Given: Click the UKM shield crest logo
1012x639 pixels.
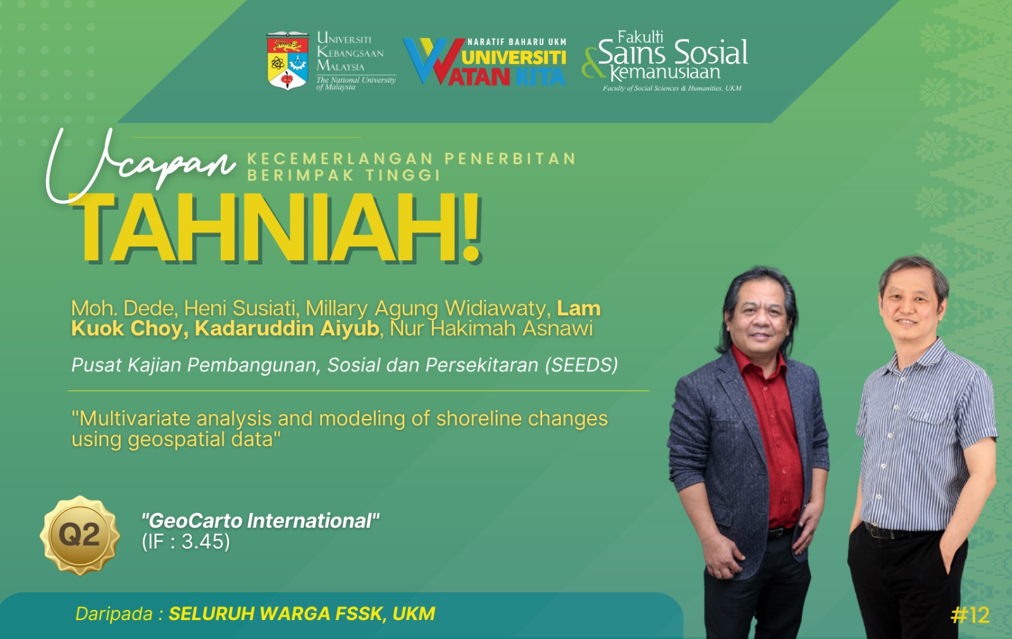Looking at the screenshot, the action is [x=288, y=61].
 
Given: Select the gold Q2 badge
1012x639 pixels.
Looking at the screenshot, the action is [x=80, y=535].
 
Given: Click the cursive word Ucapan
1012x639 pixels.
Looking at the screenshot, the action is [x=140, y=165].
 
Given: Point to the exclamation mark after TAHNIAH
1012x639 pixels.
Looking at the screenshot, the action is [x=471, y=228].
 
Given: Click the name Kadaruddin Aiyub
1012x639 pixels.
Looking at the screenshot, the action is [x=287, y=329].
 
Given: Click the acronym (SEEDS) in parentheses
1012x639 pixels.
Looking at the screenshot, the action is [x=581, y=364].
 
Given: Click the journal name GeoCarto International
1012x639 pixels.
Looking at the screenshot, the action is [x=260, y=521].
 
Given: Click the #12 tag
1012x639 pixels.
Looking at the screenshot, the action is [x=970, y=615].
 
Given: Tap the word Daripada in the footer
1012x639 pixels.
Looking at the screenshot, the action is [x=114, y=614].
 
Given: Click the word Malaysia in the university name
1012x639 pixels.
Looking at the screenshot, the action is [x=341, y=66].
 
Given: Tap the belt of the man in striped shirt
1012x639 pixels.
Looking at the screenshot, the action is [x=899, y=531].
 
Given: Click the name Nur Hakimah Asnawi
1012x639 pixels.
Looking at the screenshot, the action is [x=491, y=329].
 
